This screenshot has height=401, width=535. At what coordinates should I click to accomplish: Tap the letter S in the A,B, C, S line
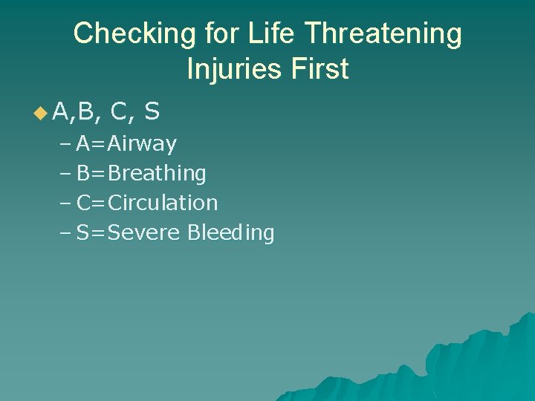pos(152,112)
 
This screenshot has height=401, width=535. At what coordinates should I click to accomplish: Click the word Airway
pos(142,144)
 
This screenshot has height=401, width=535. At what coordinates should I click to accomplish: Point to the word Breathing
pos(157,174)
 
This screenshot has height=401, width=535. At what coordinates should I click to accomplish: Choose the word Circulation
pos(163,203)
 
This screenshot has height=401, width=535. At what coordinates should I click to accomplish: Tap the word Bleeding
pos(231,233)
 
